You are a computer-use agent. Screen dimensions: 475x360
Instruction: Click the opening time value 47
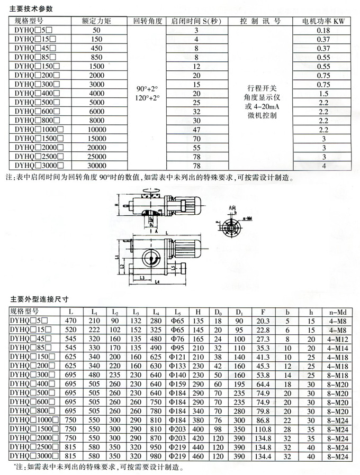tap(196, 130)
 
